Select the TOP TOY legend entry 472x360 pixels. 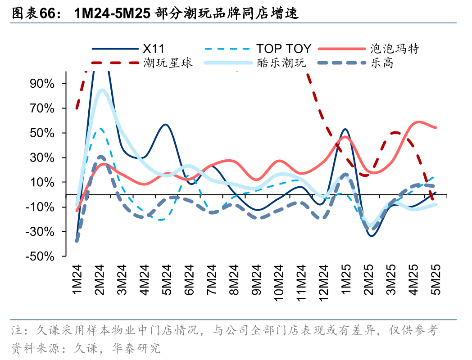pos(284,49)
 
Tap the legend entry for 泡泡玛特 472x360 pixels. pos(395,49)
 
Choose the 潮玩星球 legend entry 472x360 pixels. pos(168,63)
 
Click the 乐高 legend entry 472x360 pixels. pos(382,63)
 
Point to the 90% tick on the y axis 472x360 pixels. pos(42,84)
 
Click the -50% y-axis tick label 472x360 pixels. pos(41,256)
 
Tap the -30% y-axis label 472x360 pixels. pos(41,232)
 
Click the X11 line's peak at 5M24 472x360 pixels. pos(165,125)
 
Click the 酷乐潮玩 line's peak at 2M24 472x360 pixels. pos(102,90)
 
